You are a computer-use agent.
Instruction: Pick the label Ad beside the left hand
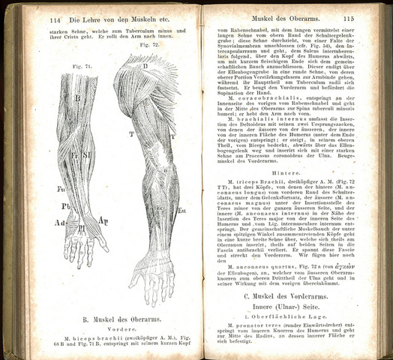click(58, 223)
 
